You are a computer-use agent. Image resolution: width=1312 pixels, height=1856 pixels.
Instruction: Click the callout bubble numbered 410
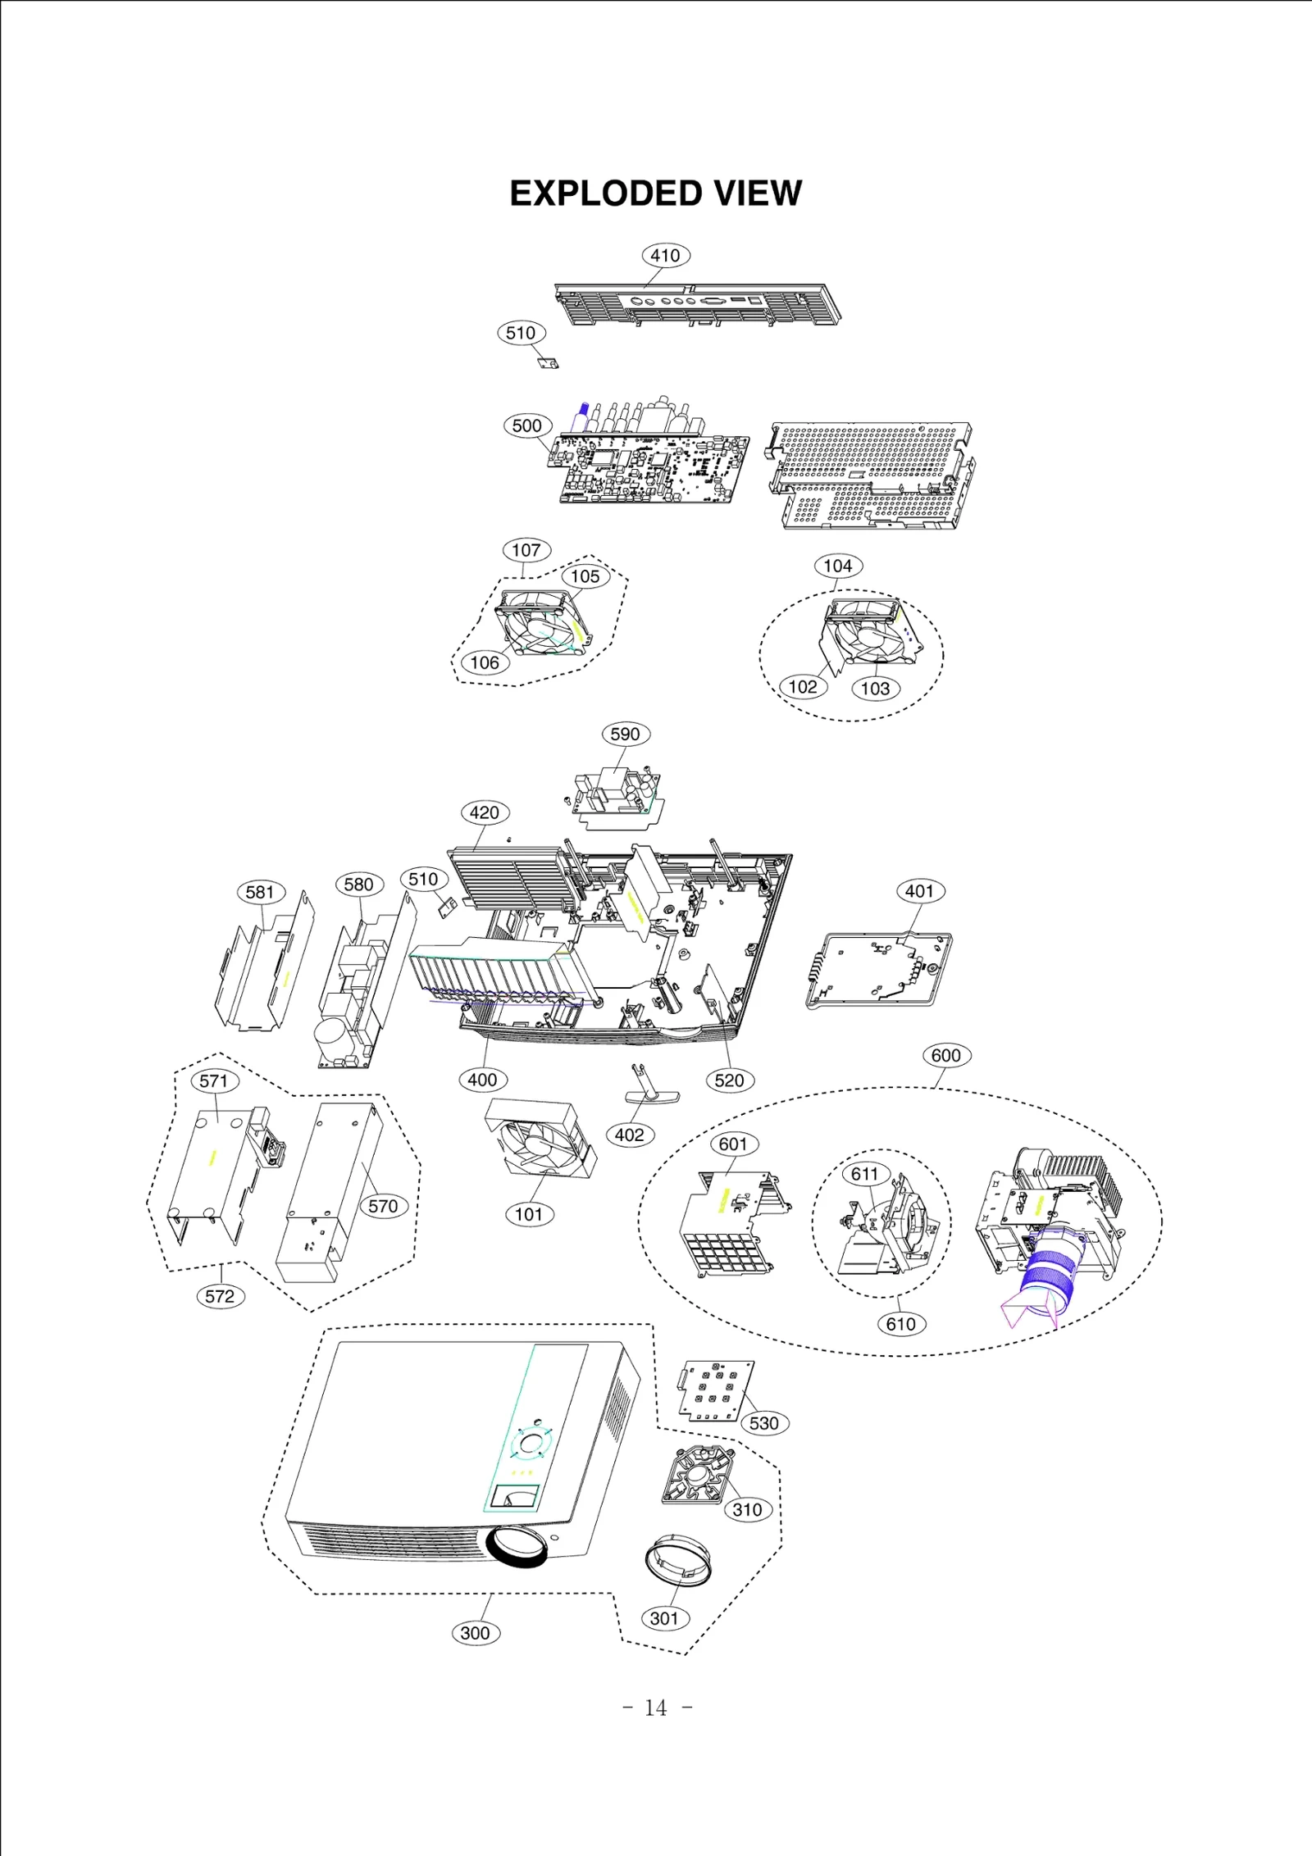pyautogui.click(x=665, y=256)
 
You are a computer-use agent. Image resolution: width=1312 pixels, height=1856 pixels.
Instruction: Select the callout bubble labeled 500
pyautogui.click(x=526, y=425)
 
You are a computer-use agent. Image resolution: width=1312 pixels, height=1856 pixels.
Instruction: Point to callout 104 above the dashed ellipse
pyautogui.click(x=838, y=566)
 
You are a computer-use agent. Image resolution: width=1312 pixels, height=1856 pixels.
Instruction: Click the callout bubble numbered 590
pyautogui.click(x=626, y=735)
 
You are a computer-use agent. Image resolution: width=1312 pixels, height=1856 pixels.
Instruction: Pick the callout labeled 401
pyautogui.click(x=920, y=891)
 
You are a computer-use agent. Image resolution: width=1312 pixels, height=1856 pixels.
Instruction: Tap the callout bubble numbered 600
pyautogui.click(x=946, y=1056)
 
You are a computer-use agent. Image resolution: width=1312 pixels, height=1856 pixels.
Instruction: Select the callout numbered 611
pyautogui.click(x=865, y=1175)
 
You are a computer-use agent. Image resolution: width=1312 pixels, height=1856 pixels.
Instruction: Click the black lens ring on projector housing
pyautogui.click(x=517, y=1547)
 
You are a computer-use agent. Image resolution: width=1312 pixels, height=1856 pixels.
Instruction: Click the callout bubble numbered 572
pyautogui.click(x=220, y=1296)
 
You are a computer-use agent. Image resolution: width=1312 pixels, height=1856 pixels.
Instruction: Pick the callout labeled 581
pyautogui.click(x=260, y=893)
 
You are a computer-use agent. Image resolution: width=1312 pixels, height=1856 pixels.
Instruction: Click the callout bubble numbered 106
pyautogui.click(x=485, y=662)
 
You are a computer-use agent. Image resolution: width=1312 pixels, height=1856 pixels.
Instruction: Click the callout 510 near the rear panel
pyautogui.click(x=521, y=333)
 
